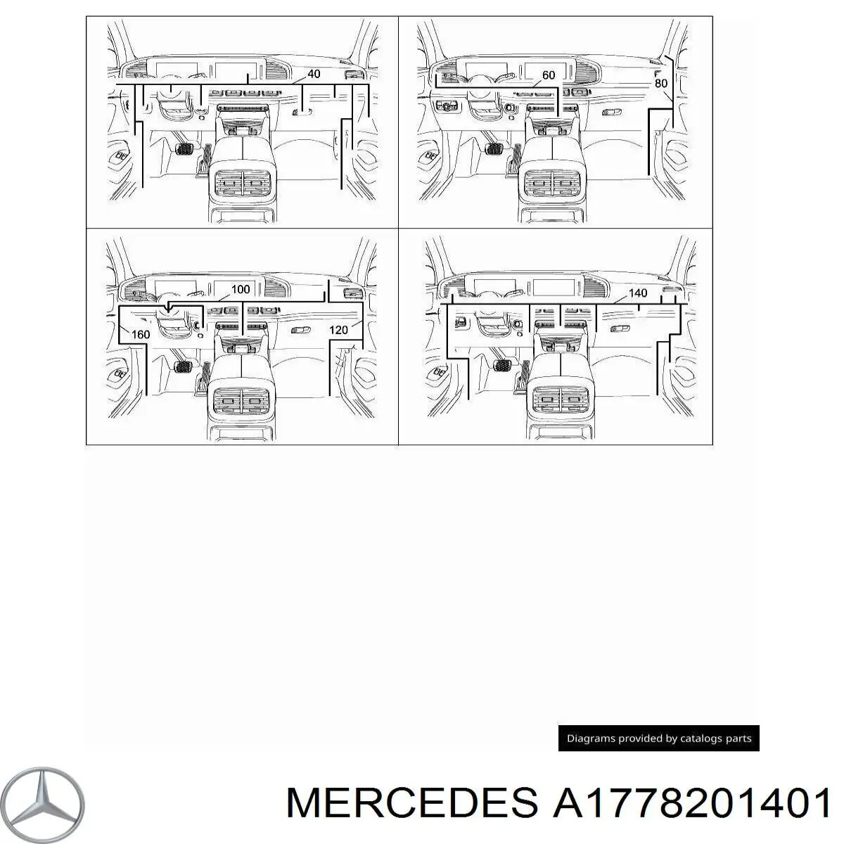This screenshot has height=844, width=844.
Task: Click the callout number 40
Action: (x=314, y=74)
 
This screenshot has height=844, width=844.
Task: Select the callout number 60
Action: (x=549, y=75)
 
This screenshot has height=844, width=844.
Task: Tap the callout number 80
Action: (x=661, y=83)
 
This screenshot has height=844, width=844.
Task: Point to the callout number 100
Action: (x=241, y=289)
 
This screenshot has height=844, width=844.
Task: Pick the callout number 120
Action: (x=338, y=330)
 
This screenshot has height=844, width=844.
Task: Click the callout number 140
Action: (x=638, y=293)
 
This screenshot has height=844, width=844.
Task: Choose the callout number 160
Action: (x=141, y=335)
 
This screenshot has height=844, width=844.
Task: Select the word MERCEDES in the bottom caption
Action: (x=411, y=803)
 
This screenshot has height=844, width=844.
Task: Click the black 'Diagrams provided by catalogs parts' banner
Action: (x=659, y=738)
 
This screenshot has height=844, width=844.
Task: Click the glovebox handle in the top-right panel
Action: (x=611, y=113)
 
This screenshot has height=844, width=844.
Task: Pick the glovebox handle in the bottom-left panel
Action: (x=301, y=329)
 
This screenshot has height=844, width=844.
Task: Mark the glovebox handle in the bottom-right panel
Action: (x=620, y=328)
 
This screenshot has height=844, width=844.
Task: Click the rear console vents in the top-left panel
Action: (x=242, y=183)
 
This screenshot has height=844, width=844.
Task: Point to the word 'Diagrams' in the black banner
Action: (x=586, y=738)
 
